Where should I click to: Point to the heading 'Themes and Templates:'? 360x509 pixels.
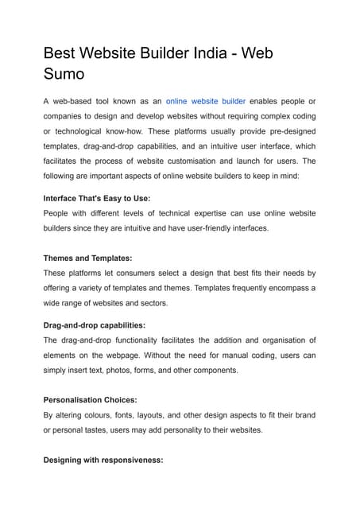pyautogui.click(x=87, y=258)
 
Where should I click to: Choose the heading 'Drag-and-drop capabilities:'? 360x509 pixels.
pyautogui.click(x=94, y=325)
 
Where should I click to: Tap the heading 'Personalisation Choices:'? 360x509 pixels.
pyautogui.click(x=91, y=400)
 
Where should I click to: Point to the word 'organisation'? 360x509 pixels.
pyautogui.click(x=276, y=340)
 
